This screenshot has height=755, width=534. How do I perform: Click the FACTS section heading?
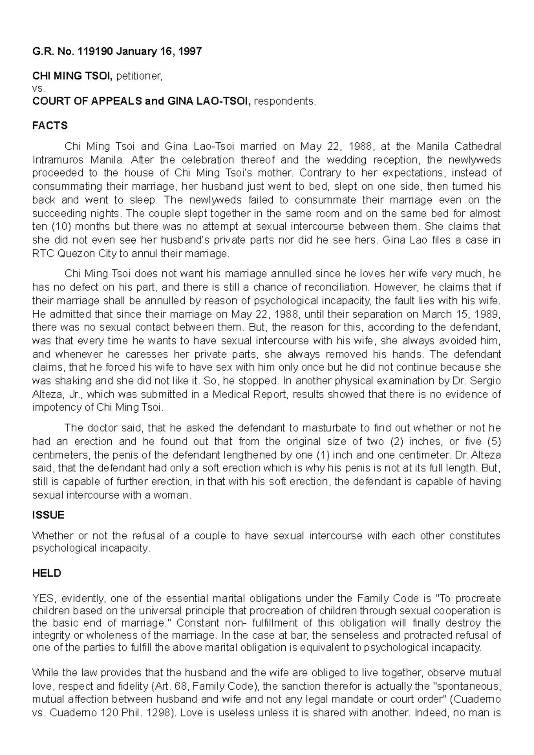50,126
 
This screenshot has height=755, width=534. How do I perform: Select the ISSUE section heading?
48,515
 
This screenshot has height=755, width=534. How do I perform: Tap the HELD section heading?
46,573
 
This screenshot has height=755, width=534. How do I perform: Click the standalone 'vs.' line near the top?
39,89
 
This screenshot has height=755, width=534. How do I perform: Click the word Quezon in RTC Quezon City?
70,254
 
